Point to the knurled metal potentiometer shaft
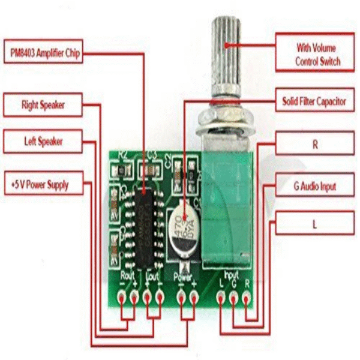(226, 60)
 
